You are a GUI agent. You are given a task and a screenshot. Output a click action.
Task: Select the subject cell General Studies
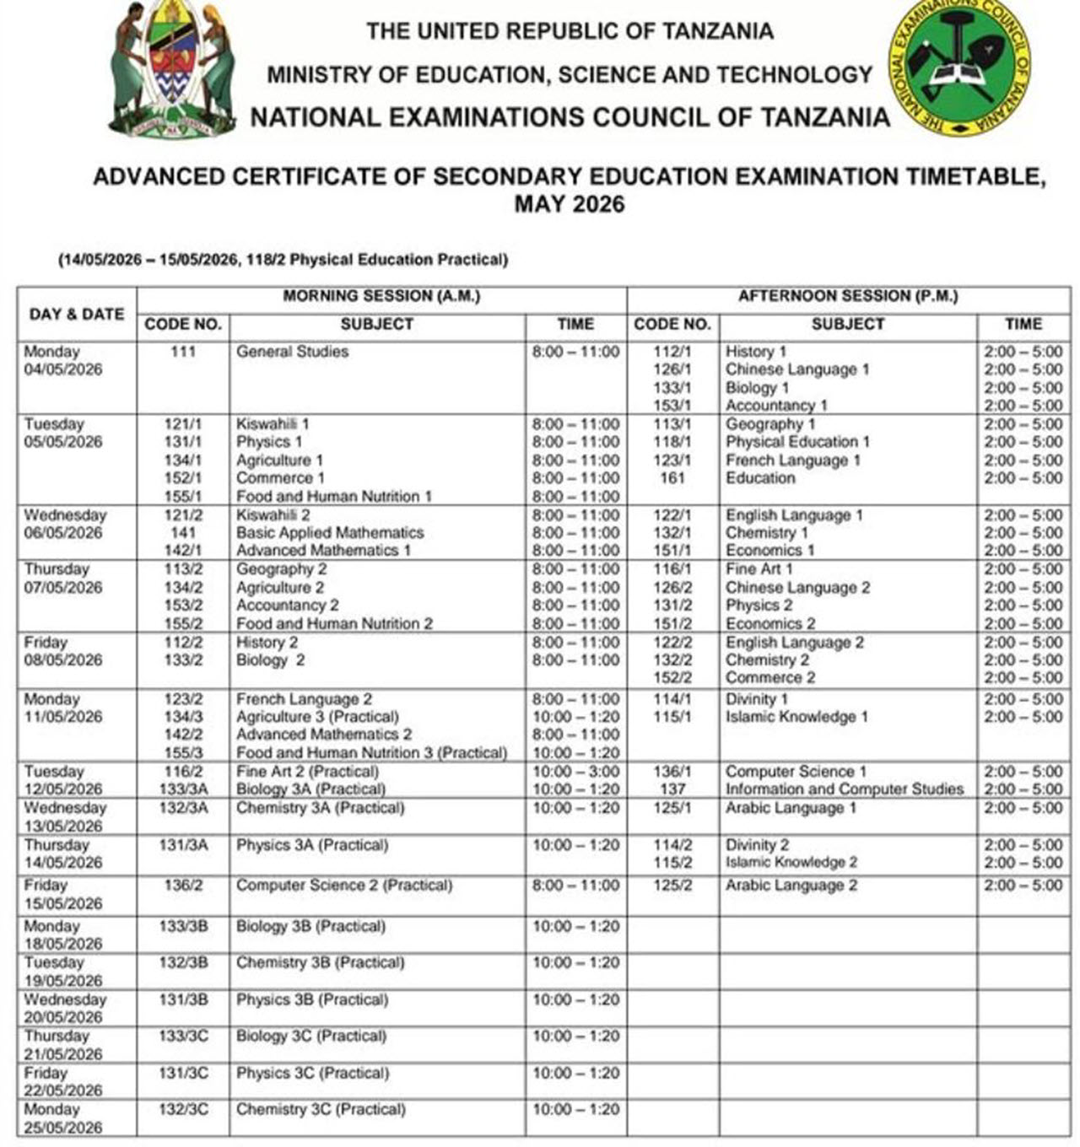coord(292,352)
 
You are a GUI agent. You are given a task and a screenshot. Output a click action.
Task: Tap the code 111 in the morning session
coord(182,352)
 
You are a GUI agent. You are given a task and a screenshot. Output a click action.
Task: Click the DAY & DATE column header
coord(77,314)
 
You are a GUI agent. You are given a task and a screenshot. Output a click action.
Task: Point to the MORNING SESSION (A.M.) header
coord(381,296)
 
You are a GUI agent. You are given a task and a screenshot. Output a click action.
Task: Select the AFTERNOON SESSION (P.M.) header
coord(848,296)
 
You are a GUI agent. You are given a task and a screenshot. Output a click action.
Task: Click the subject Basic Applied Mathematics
coord(330,533)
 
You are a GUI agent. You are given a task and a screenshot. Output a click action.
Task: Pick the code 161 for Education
coord(672,478)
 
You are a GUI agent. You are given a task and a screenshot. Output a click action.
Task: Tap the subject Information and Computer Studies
coord(844,789)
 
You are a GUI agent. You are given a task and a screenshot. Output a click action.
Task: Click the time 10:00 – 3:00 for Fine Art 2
coord(575,772)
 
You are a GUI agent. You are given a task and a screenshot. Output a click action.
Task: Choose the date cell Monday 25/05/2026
coord(63,1118)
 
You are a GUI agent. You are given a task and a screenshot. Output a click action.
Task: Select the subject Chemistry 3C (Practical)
coord(321,1110)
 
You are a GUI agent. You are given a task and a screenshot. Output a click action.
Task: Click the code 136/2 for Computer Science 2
coord(182,886)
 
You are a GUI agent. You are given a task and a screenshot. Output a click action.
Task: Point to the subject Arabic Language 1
coord(791,808)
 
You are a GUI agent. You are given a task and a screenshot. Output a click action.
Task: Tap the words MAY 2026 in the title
coord(570,205)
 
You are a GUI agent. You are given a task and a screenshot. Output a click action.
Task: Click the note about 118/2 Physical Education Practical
coord(283,260)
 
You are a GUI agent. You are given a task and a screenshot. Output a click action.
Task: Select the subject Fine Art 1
coord(759,569)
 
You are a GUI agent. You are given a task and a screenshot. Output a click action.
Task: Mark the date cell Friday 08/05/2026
coord(63,651)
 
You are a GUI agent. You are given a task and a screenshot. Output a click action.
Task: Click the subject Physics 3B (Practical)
coord(312,1000)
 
